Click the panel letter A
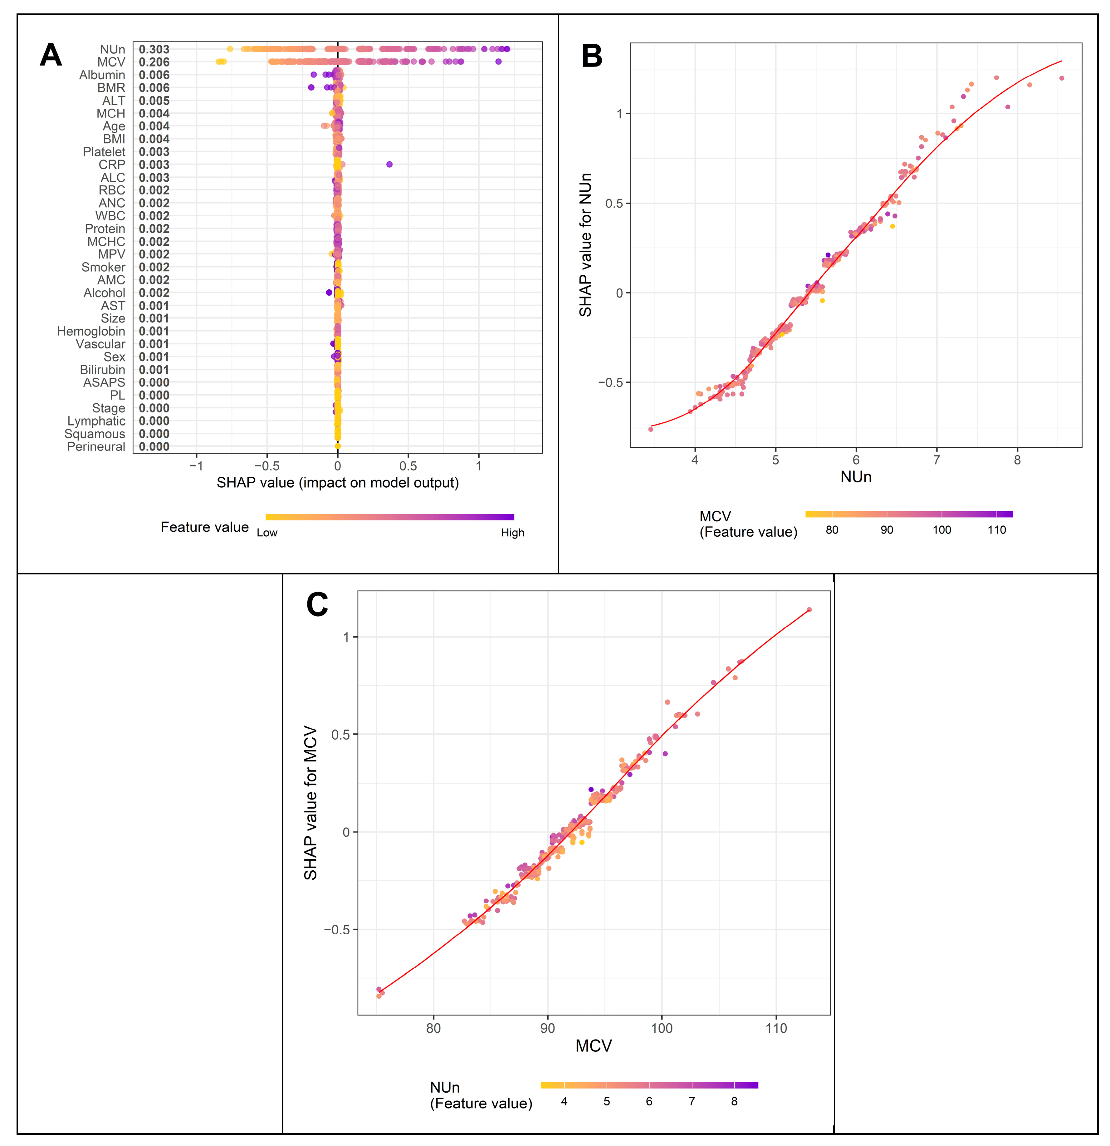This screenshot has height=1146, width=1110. click(51, 56)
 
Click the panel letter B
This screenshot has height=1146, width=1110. click(592, 57)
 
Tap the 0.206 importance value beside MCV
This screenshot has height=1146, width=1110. click(154, 62)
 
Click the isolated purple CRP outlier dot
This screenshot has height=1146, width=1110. click(389, 164)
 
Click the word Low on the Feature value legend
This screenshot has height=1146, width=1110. click(267, 533)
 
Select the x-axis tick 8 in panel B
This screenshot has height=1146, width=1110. click(1017, 460)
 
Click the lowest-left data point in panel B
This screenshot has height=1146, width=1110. click(651, 429)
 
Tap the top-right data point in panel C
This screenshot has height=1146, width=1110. click(809, 610)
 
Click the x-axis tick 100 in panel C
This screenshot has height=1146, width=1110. click(662, 1045)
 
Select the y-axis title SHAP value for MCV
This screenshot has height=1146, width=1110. click(311, 803)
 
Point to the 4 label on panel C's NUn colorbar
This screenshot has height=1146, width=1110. click(564, 1102)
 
